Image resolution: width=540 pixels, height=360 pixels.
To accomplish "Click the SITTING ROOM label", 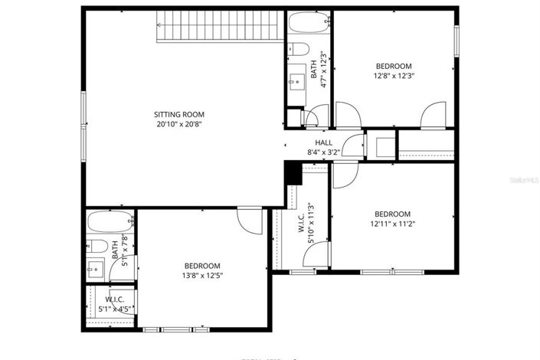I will [178, 114].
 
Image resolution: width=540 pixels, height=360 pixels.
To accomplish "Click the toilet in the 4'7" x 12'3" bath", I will [299, 50].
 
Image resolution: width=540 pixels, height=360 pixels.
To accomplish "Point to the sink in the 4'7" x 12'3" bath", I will [296, 79].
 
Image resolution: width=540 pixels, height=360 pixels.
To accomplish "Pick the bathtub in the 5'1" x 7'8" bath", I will [110, 222].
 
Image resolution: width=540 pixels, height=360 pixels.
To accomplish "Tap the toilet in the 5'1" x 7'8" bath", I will [98, 246].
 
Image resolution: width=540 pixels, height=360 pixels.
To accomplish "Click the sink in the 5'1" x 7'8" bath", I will [96, 268].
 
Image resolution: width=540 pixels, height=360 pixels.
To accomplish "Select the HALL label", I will [323, 142].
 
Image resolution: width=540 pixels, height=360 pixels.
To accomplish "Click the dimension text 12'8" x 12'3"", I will [393, 76].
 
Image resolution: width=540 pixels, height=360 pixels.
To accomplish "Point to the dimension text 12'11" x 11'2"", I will [393, 224].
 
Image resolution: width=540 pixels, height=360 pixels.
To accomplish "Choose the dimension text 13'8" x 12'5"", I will [202, 275].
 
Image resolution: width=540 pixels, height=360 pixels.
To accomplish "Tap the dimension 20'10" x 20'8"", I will [178, 123].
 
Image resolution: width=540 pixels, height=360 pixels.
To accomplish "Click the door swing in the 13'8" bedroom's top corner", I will [250, 221].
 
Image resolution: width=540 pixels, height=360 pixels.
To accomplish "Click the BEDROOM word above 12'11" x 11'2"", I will [393, 214].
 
